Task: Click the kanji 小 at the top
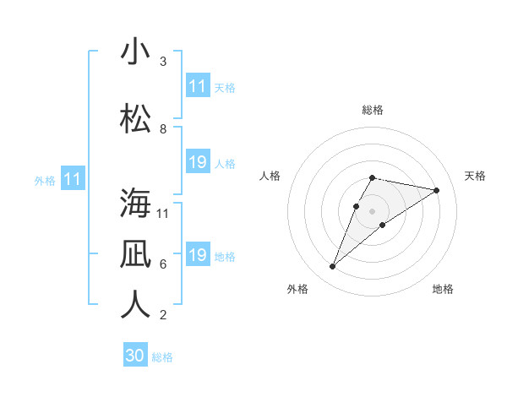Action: pyautogui.click(x=135, y=52)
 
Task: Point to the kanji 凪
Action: pyautogui.click(x=135, y=254)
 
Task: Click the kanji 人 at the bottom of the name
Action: pyautogui.click(x=135, y=305)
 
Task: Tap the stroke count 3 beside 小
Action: pyautogui.click(x=163, y=62)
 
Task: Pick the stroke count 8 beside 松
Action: pyautogui.click(x=163, y=129)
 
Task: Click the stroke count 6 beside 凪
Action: pyautogui.click(x=163, y=264)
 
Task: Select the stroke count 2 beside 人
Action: pyautogui.click(x=163, y=315)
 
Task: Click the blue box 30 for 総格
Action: pyautogui.click(x=135, y=356)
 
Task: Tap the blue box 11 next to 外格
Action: pyautogui.click(x=73, y=179)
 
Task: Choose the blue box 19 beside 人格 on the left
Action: pyautogui.click(x=198, y=162)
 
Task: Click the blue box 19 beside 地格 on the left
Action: pyautogui.click(x=198, y=255)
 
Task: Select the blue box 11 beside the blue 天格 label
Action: pyautogui.click(x=198, y=86)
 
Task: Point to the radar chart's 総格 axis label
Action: pyautogui.click(x=373, y=110)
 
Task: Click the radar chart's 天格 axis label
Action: pyautogui.click(x=476, y=176)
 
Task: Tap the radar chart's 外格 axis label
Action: pyautogui.click(x=297, y=289)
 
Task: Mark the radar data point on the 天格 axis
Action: pyautogui.click(x=437, y=190)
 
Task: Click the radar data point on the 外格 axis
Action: pyautogui.click(x=332, y=267)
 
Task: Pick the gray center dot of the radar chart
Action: pyautogui.click(x=373, y=210)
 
